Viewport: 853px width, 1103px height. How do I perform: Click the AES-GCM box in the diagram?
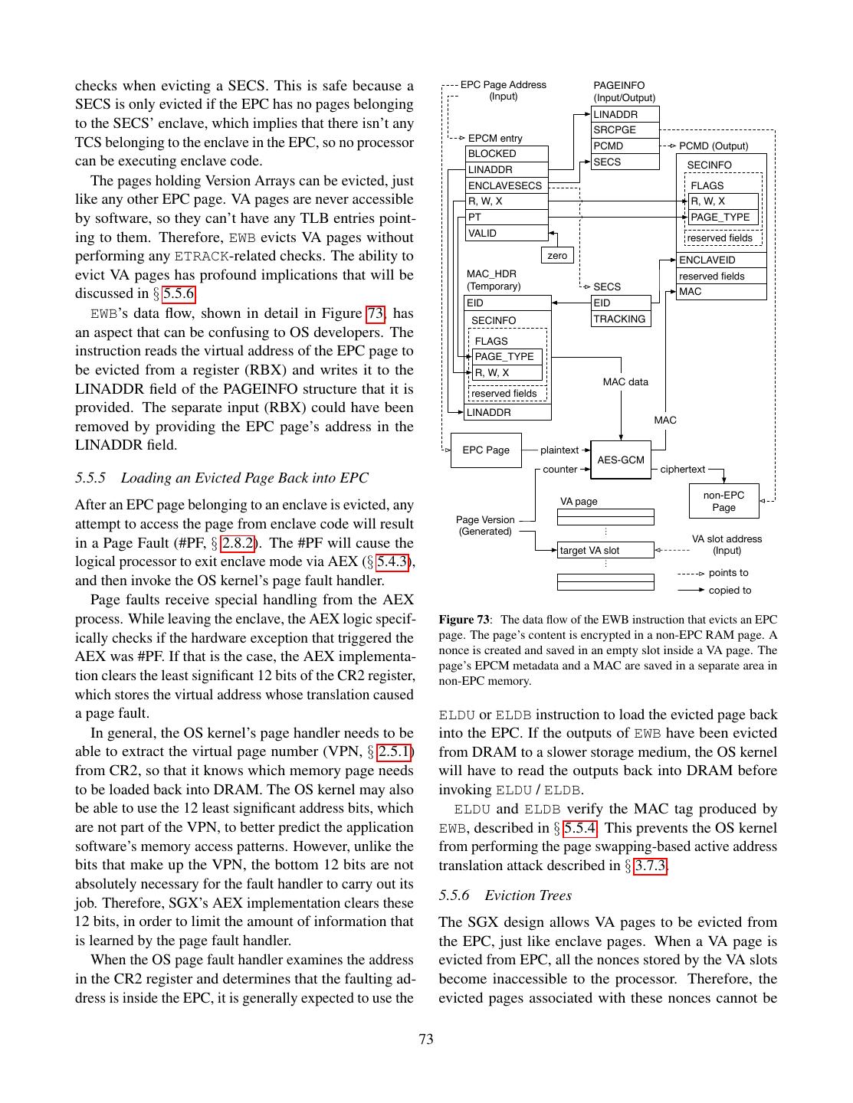(621, 460)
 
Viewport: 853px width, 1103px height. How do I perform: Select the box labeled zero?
(557, 255)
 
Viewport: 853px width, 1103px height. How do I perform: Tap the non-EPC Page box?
(723, 501)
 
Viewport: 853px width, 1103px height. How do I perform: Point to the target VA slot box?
(605, 550)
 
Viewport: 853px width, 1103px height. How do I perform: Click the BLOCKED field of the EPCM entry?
(507, 154)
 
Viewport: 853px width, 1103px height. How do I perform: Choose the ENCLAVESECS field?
(507, 185)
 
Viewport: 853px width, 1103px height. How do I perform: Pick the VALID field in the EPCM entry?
(507, 233)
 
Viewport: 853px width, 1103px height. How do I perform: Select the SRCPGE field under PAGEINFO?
(625, 130)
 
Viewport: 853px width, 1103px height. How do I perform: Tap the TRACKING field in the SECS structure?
(621, 319)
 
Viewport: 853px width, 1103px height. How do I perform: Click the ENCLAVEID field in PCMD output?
(721, 260)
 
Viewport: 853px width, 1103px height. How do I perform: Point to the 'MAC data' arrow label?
(625, 381)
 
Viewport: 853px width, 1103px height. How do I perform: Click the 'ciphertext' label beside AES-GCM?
(682, 469)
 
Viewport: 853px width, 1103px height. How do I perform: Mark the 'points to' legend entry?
(728, 572)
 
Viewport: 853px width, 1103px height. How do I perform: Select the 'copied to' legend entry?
(730, 590)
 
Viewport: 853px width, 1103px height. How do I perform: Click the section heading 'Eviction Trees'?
(528, 895)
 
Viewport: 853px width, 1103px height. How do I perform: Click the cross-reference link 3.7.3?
(650, 866)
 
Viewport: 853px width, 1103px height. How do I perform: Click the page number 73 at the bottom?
(426, 1039)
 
